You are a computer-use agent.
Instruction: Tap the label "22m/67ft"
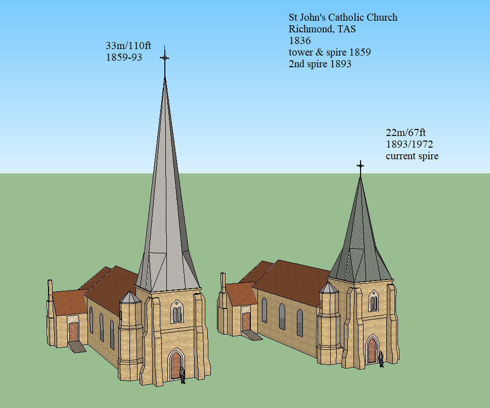(406, 133)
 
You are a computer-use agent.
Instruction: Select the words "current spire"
(412, 156)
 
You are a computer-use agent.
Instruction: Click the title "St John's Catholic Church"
(343, 18)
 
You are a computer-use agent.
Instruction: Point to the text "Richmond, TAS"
(322, 29)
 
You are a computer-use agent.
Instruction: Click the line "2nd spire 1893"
(320, 64)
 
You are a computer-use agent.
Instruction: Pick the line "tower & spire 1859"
(330, 52)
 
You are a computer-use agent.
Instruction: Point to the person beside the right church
(381, 358)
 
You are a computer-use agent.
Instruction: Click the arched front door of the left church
(175, 365)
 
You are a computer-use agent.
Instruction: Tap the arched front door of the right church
(372, 350)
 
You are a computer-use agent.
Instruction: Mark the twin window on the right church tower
(373, 302)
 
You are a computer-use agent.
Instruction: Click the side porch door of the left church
(74, 332)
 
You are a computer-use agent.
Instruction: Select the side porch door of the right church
(246, 322)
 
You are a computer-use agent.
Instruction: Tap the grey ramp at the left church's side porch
(77, 346)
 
